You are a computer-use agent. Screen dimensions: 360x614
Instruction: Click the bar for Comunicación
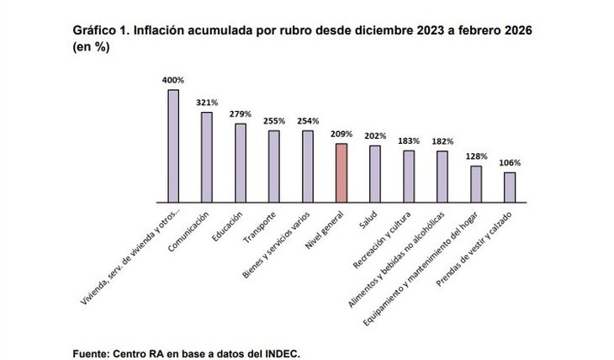207,157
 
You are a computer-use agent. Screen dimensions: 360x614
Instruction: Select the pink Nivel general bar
341,172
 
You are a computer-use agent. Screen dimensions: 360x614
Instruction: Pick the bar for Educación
241,163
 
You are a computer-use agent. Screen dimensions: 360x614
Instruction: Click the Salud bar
375,174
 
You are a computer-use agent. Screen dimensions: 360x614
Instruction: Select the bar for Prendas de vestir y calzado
510,188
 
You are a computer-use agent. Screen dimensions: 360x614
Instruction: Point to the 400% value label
173,80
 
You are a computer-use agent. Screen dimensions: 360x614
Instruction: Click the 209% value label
341,134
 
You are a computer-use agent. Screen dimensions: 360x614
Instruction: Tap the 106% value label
510,162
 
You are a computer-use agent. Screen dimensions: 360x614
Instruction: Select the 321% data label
207,103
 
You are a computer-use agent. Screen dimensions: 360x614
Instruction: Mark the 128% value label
476,156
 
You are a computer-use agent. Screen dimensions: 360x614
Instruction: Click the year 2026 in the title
516,30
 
